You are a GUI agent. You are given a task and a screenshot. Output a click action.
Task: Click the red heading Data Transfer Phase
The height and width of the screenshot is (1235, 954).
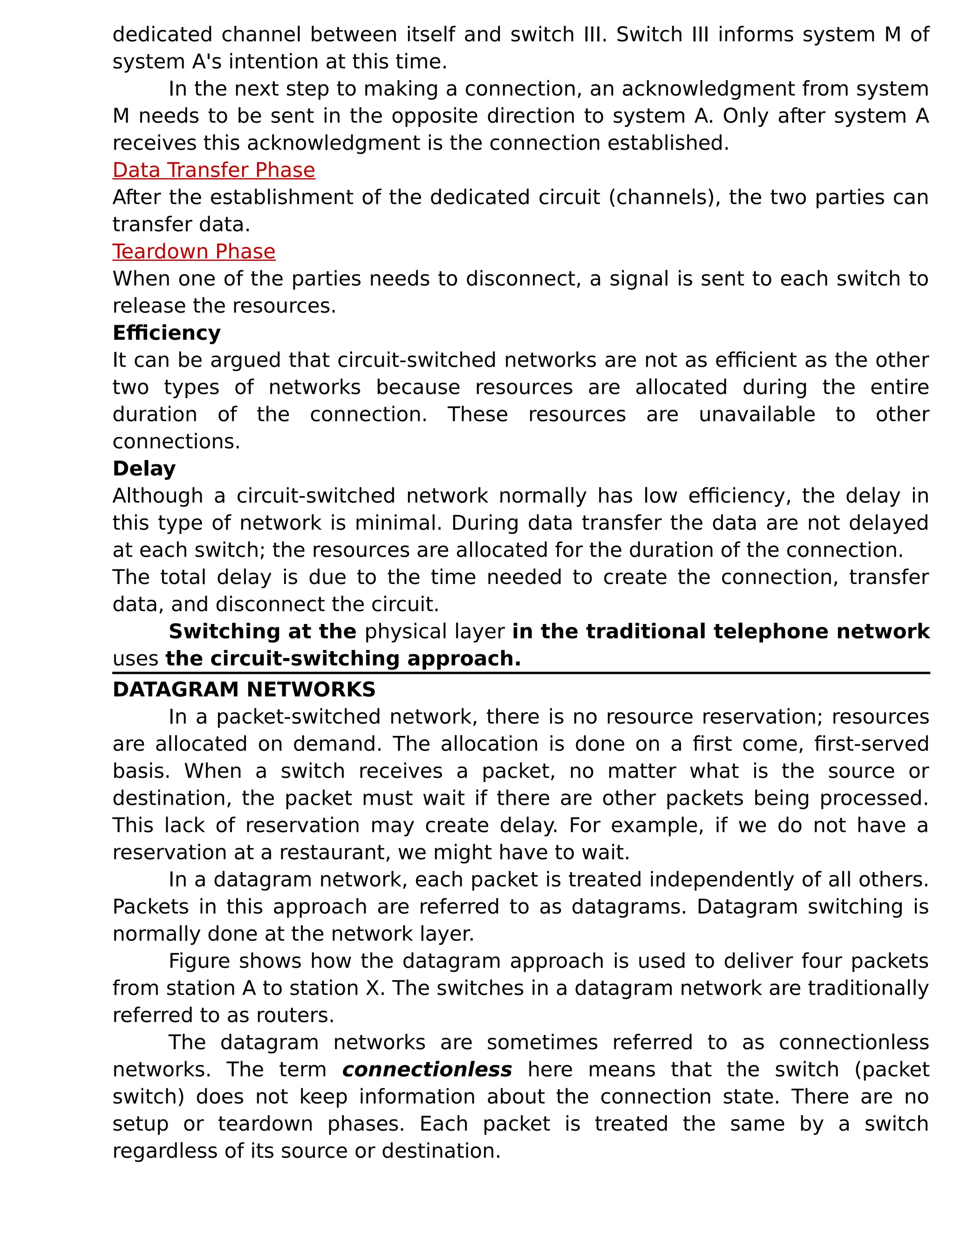tap(214, 170)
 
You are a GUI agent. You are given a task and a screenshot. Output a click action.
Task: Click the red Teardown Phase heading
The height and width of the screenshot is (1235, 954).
tap(194, 252)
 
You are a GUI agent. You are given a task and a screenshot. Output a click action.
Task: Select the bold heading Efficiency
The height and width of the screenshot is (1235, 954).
tap(166, 333)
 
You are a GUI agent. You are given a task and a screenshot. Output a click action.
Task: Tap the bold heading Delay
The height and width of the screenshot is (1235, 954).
tap(144, 469)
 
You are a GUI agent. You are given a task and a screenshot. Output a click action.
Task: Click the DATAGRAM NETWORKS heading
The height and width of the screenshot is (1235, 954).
tap(244, 690)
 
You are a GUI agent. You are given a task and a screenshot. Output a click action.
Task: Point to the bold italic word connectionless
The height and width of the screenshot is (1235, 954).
tap(427, 1070)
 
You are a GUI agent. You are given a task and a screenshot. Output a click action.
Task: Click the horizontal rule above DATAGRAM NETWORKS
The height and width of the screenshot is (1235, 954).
tap(520, 673)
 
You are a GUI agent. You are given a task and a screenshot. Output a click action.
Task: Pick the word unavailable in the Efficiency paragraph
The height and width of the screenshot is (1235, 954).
tap(757, 414)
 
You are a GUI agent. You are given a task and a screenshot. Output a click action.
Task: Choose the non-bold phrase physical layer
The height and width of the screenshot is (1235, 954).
tap(434, 631)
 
